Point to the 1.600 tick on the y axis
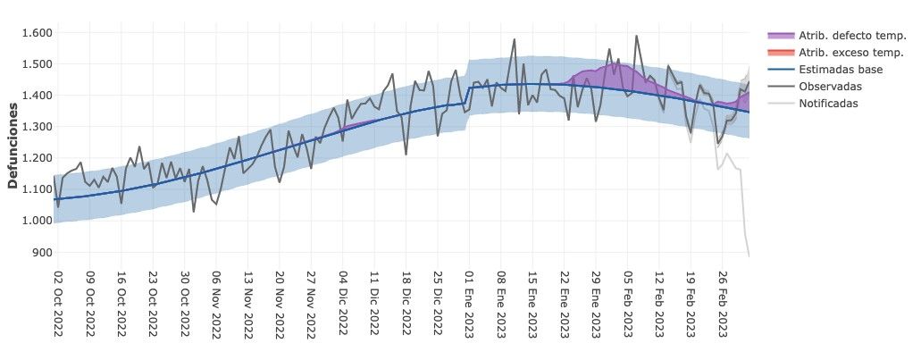(x=38, y=33)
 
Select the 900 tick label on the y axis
(x=42, y=252)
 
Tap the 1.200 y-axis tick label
(x=38, y=158)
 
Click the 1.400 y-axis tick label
(x=38, y=96)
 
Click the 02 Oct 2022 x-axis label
(x=58, y=305)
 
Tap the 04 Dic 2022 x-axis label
(x=343, y=305)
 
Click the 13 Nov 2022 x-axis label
(x=247, y=305)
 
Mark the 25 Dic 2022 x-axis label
(x=438, y=305)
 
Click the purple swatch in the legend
(x=780, y=36)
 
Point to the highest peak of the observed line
(x=636, y=37)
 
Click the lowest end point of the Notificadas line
(x=749, y=256)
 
